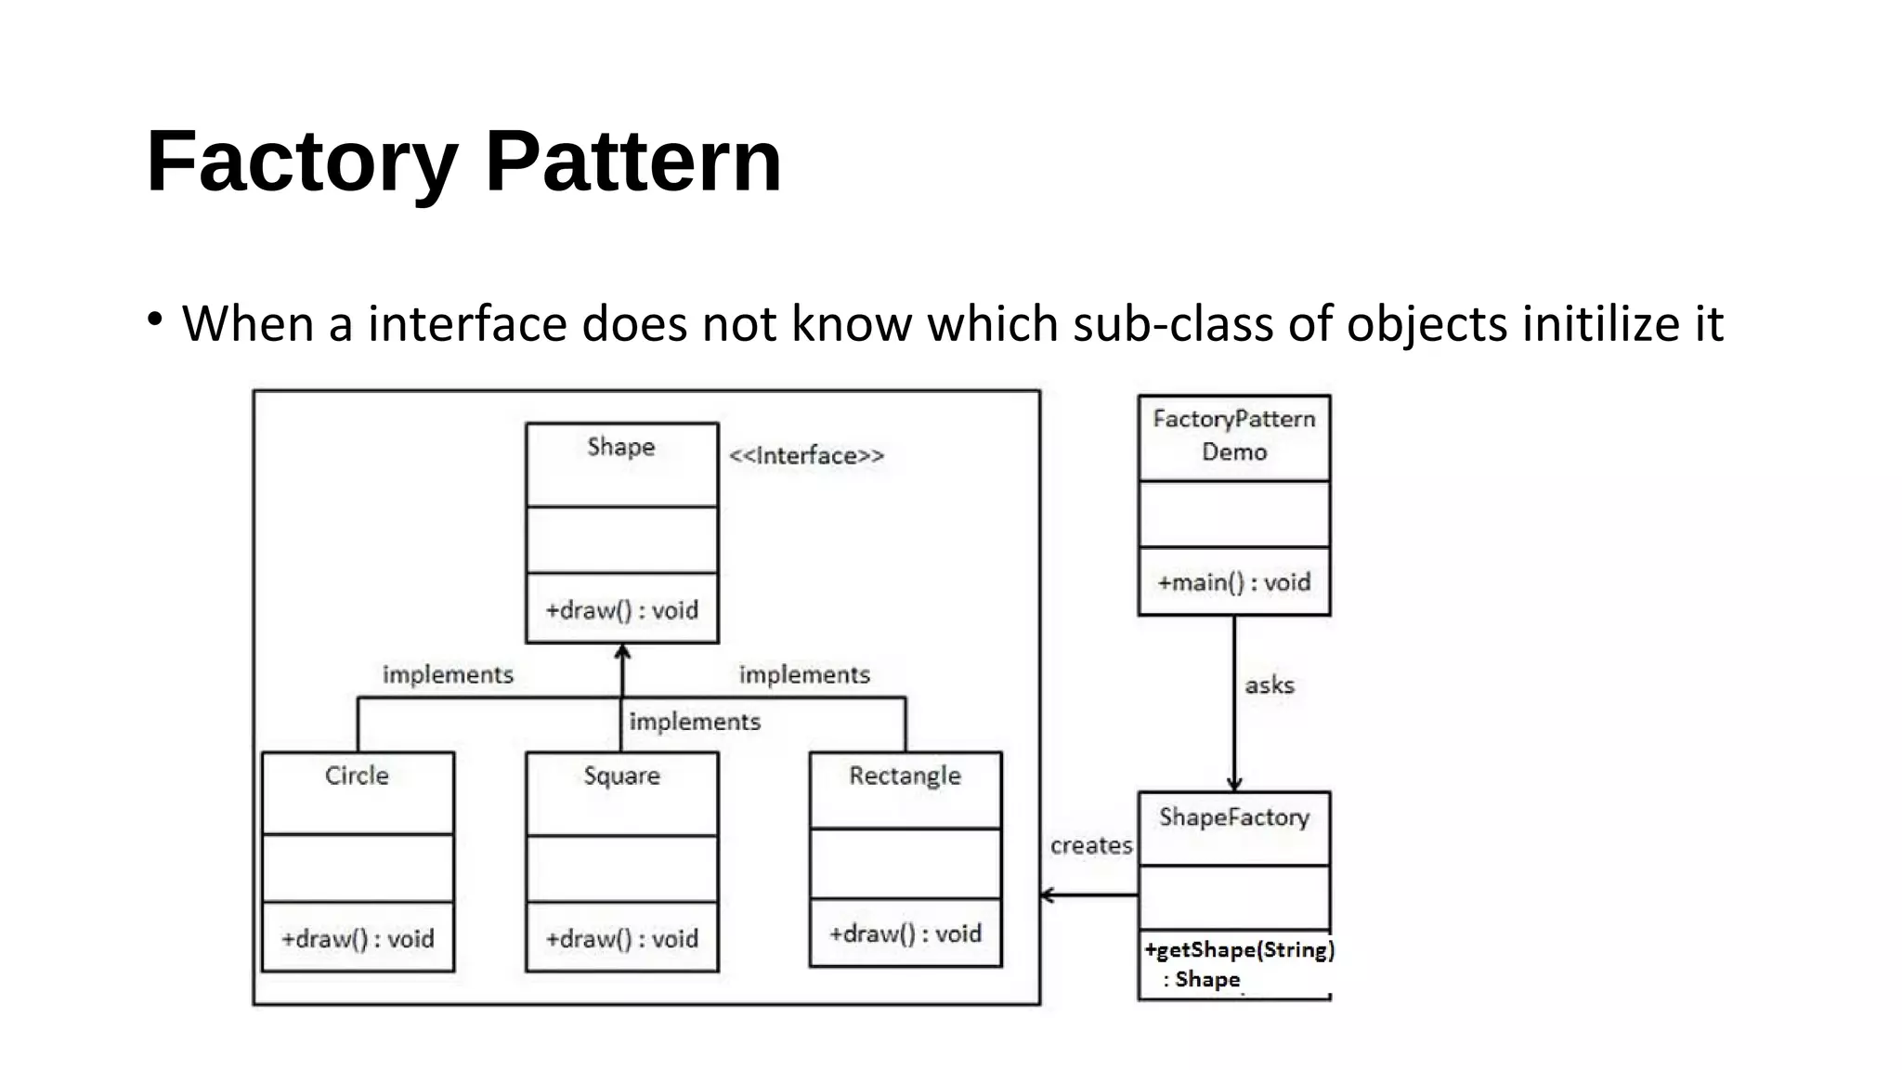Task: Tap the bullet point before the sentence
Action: pyautogui.click(x=155, y=320)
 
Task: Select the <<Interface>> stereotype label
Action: pyautogui.click(x=806, y=456)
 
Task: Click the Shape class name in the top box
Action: pyautogui.click(x=621, y=447)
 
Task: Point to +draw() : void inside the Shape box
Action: pyautogui.click(x=621, y=610)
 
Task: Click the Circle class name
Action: pyautogui.click(x=357, y=776)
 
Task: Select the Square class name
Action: pyautogui.click(x=621, y=776)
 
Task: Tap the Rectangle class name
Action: pyautogui.click(x=905, y=776)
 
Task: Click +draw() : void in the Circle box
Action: pyautogui.click(x=358, y=938)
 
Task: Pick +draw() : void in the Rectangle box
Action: pyautogui.click(x=905, y=933)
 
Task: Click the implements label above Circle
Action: pyautogui.click(x=448, y=674)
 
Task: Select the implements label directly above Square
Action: pyautogui.click(x=695, y=722)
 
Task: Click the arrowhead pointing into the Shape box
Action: pyautogui.click(x=622, y=652)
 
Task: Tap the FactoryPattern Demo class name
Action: pyautogui.click(x=1234, y=435)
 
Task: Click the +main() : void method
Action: pyautogui.click(x=1234, y=582)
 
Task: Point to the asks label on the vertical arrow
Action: pyautogui.click(x=1269, y=685)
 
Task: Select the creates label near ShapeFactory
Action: pyautogui.click(x=1091, y=845)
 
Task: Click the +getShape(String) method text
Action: pyautogui.click(x=1239, y=950)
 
